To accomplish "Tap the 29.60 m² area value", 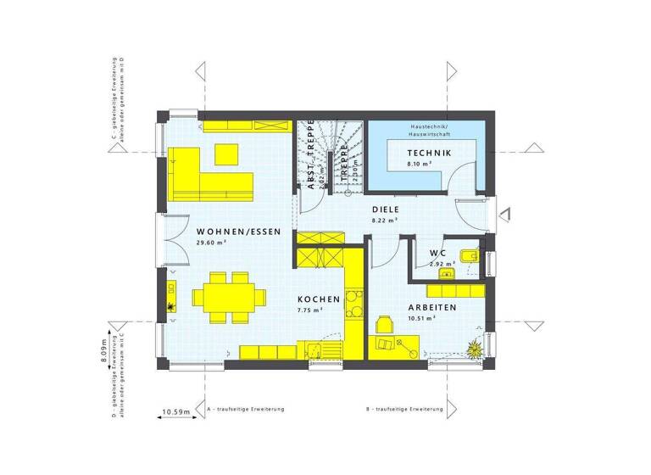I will tap(212, 243).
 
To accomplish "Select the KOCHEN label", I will tap(319, 299).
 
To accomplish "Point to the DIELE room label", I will tap(386, 209).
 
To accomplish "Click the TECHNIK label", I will tap(429, 153).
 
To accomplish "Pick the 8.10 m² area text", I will tap(420, 163).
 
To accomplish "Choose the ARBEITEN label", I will tap(432, 308).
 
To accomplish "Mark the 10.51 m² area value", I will tap(421, 318).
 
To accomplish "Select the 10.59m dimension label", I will tap(175, 412).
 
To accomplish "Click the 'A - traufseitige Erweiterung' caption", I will tap(246, 409).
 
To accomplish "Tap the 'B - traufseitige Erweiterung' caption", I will tap(405, 409).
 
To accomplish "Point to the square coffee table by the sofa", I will tap(226, 154).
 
